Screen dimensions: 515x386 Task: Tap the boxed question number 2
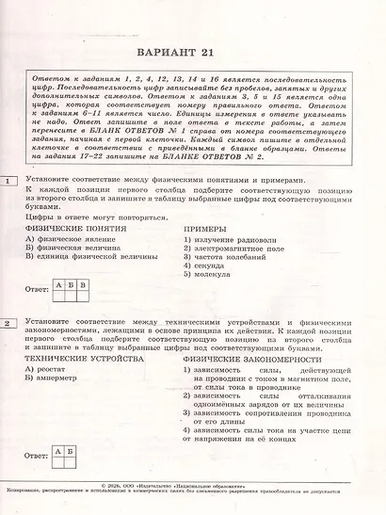(x=8, y=323)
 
